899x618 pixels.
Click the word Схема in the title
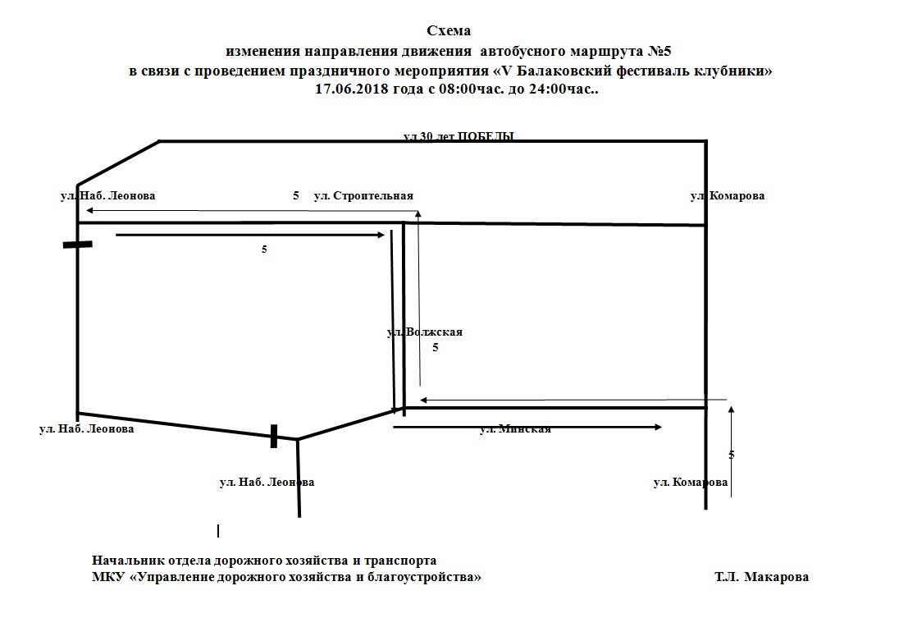point(449,31)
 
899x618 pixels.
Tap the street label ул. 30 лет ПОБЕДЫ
point(459,136)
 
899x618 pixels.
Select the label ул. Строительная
point(363,195)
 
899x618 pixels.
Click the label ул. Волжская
point(425,332)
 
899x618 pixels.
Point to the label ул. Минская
point(515,428)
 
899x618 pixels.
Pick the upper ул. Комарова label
point(727,195)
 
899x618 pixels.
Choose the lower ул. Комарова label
point(690,482)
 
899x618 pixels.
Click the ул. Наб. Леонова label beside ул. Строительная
point(107,195)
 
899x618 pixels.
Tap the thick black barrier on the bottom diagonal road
point(274,436)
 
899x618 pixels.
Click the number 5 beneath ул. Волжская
point(436,347)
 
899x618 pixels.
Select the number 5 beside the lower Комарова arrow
point(731,454)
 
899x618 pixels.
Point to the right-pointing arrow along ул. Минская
point(527,427)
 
